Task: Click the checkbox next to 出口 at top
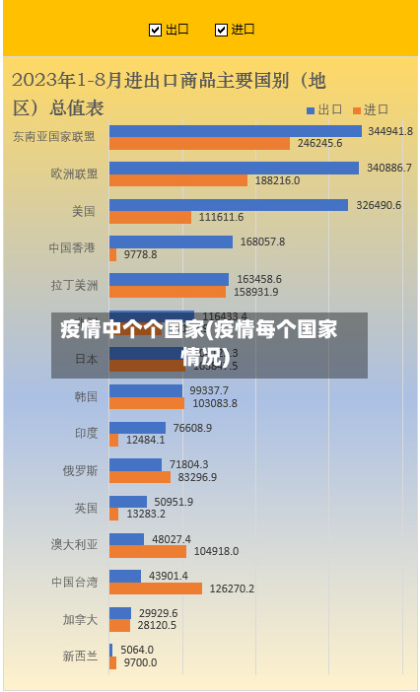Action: [x=155, y=30]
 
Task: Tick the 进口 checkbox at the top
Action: [x=221, y=30]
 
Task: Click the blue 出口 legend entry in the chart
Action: [x=324, y=109]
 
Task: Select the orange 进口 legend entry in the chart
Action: [x=371, y=109]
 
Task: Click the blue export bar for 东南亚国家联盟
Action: [x=235, y=131]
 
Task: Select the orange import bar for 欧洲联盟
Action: [x=177, y=180]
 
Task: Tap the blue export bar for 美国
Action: [x=228, y=205]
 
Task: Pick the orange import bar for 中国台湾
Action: [x=155, y=588]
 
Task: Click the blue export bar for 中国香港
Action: [x=171, y=242]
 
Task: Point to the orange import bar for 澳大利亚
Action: [x=147, y=551]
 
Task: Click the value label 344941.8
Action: [x=390, y=131]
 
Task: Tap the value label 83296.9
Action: [x=197, y=477]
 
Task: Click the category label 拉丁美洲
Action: [x=75, y=286]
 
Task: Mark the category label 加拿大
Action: [x=80, y=619]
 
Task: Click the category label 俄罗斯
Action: [x=80, y=471]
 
